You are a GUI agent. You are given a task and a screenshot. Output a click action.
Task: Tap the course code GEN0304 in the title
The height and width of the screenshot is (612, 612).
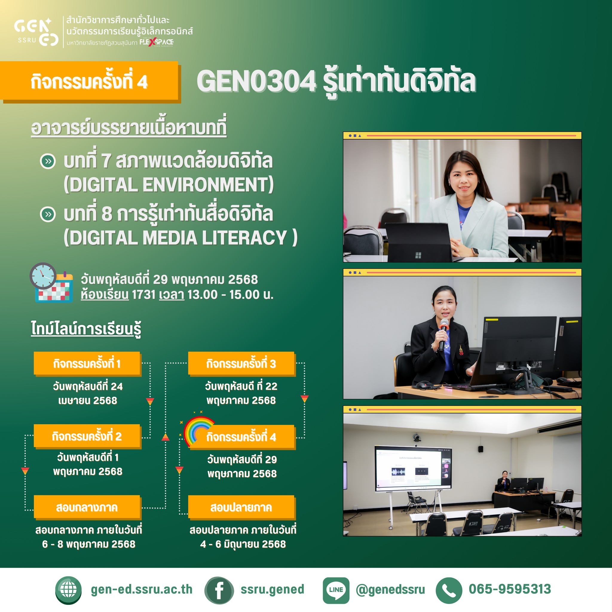[256, 81]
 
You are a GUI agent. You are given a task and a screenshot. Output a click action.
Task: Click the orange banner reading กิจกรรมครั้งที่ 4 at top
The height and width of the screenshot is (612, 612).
[90, 81]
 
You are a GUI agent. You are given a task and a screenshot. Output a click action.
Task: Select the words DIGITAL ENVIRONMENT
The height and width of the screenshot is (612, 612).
[168, 185]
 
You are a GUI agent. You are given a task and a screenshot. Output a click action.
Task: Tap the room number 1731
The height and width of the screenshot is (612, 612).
[143, 295]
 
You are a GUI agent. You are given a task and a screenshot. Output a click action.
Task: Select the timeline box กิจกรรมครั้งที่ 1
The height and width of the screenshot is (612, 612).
[87, 364]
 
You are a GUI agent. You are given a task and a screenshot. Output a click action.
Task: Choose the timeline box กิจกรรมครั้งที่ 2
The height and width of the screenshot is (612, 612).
[87, 436]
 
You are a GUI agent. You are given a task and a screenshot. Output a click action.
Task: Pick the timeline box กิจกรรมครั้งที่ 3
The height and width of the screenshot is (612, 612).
[241, 364]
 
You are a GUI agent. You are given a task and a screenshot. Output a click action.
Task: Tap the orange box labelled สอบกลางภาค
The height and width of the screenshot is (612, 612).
[87, 507]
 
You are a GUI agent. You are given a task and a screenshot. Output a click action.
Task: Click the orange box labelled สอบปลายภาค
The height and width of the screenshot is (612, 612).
[241, 507]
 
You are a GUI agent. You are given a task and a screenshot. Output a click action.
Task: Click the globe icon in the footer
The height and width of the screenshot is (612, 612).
[68, 590]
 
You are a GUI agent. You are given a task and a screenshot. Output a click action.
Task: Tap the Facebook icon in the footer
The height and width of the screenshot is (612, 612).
[219, 590]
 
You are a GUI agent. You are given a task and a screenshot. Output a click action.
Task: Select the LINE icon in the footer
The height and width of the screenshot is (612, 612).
[336, 590]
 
